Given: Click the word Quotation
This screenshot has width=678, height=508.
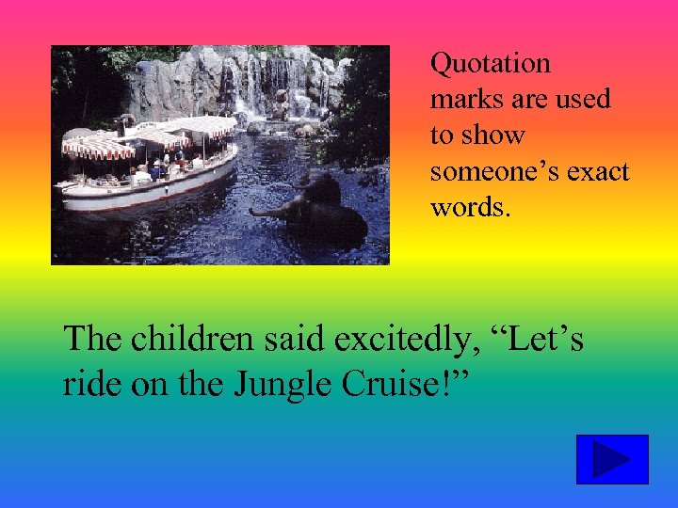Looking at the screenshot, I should [490, 65].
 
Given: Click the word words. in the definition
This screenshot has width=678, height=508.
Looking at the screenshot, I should [470, 207].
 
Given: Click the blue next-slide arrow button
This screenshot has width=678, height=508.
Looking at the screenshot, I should [612, 459].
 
